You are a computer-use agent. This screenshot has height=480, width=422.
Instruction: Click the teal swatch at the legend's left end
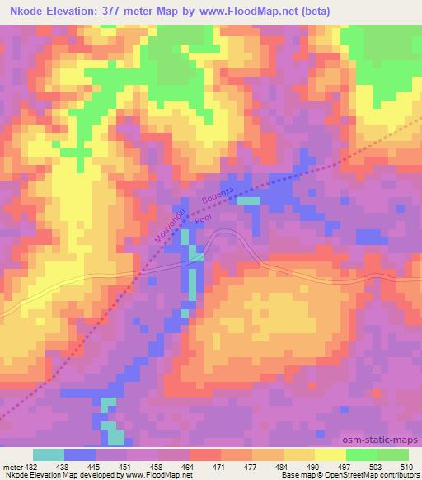(x=49, y=454)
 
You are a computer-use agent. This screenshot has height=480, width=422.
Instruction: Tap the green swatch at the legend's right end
(x=393, y=454)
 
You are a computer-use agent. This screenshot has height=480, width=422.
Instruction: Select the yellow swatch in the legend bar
(x=331, y=454)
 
